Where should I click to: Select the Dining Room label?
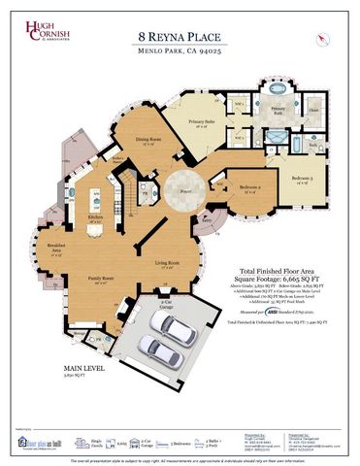(x=148, y=141)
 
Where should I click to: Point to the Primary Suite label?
(x=203, y=122)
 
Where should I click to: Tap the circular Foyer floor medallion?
(x=180, y=190)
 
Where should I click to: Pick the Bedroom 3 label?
(x=303, y=180)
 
